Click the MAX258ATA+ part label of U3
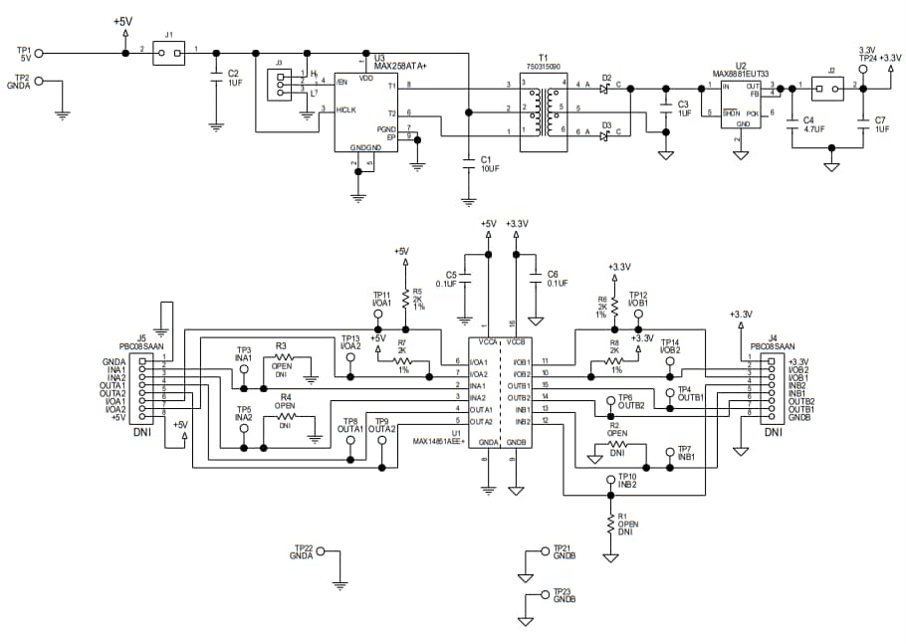pos(399,66)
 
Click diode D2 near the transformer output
pos(606,88)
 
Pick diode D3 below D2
pos(606,134)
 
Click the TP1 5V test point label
pos(25,53)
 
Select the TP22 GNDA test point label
pos(302,552)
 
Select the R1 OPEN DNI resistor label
pos(626,524)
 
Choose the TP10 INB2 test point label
pos(626,481)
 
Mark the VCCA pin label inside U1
pos(488,341)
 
